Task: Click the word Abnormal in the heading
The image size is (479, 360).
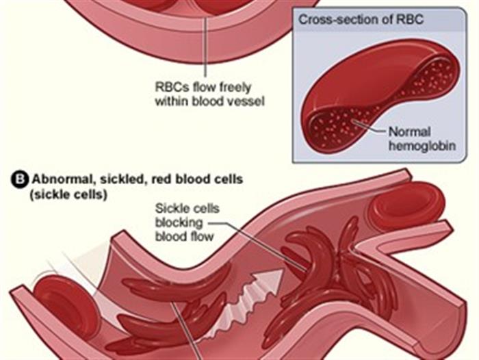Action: (x=57, y=181)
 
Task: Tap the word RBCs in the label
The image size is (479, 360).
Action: (x=170, y=88)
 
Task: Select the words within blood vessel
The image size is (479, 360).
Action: (x=209, y=101)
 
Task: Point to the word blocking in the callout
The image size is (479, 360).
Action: (x=176, y=223)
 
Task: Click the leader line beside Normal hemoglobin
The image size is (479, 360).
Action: (x=370, y=128)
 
